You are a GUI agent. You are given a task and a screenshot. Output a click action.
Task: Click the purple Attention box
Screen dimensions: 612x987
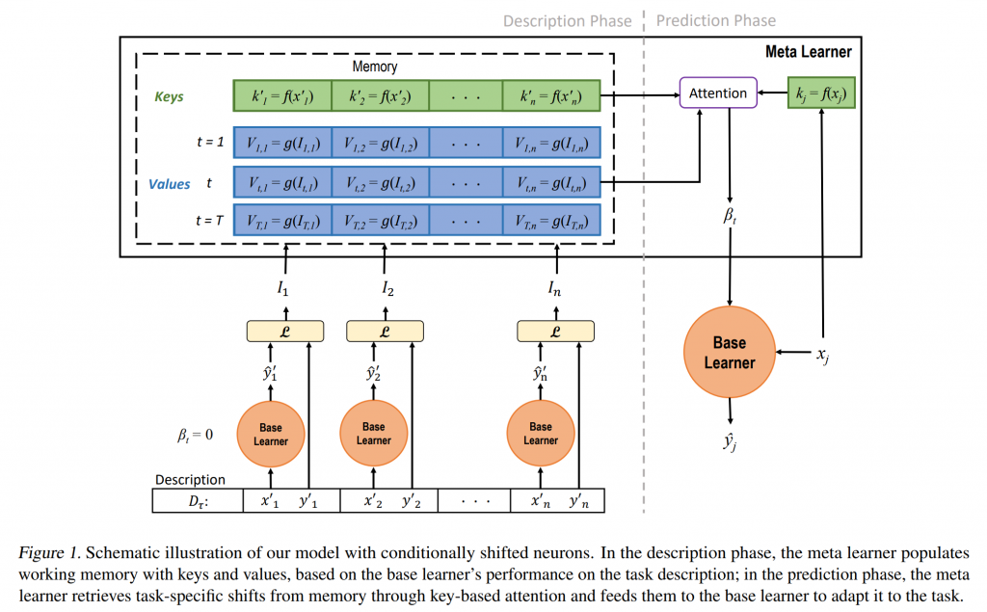tap(718, 93)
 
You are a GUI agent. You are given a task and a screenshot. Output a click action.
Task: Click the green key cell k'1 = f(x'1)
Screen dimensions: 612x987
tap(282, 95)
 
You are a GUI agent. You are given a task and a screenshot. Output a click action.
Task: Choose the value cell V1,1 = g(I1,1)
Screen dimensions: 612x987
tap(282, 143)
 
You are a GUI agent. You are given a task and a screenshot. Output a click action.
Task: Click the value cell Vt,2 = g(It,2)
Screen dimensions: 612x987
tap(380, 181)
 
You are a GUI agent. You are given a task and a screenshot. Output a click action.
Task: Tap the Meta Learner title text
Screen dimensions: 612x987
tap(808, 51)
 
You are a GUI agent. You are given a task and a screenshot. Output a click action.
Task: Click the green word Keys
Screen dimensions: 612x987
tap(169, 96)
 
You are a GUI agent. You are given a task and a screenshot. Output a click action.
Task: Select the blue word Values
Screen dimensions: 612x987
tap(170, 182)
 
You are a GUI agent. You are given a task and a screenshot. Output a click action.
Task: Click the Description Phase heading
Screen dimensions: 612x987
tap(568, 20)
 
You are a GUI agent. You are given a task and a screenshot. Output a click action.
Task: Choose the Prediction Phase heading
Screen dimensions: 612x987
tap(716, 20)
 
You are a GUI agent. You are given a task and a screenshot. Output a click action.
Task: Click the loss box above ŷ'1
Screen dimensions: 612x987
tap(281, 331)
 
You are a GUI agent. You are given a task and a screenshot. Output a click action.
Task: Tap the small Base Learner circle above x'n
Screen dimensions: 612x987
tap(541, 434)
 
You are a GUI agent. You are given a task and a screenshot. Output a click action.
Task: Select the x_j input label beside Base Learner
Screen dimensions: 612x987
tap(822, 355)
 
